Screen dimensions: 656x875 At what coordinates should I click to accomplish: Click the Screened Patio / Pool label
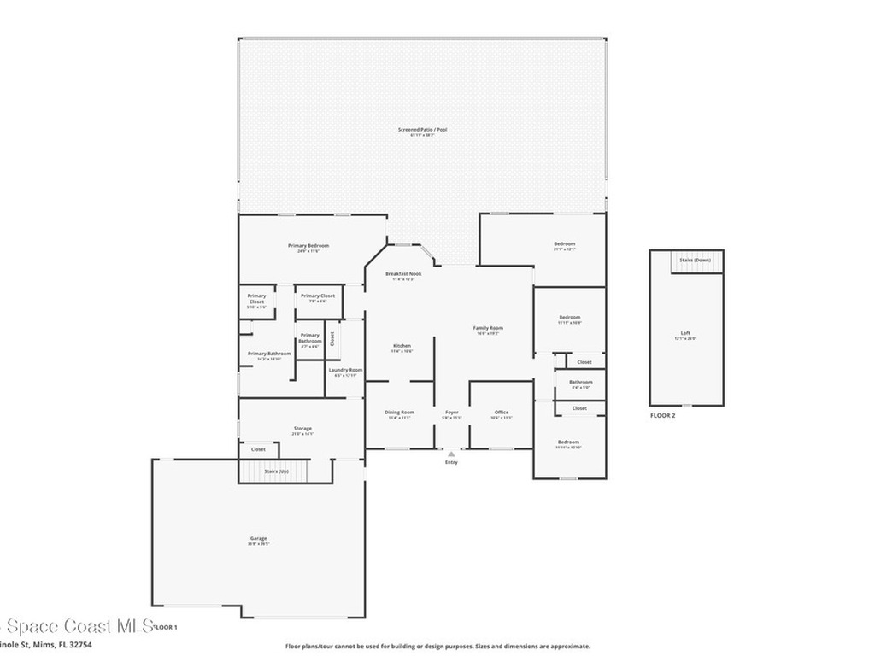click(422, 130)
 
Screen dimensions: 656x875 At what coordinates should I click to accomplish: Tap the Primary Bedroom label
click(308, 246)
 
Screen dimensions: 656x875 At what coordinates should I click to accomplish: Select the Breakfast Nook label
click(402, 274)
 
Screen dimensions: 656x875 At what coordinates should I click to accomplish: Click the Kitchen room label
click(401, 347)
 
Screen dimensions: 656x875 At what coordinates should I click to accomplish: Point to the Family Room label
click(488, 329)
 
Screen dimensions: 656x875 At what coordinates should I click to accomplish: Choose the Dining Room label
click(400, 413)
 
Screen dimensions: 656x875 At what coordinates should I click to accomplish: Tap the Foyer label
click(451, 413)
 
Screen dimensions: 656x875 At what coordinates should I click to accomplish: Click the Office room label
click(502, 413)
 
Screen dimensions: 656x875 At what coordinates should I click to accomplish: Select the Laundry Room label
click(345, 371)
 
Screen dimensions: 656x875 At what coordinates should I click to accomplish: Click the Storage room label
click(302, 429)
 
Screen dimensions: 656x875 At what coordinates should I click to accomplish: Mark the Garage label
click(258, 539)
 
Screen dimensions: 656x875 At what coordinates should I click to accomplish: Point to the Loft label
click(685, 334)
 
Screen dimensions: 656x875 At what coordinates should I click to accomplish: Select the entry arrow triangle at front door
click(451, 454)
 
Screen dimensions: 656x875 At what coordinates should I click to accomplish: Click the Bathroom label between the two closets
click(581, 383)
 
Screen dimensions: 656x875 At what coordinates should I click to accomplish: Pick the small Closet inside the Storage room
click(258, 449)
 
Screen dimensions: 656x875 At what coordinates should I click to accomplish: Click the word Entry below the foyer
click(451, 463)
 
